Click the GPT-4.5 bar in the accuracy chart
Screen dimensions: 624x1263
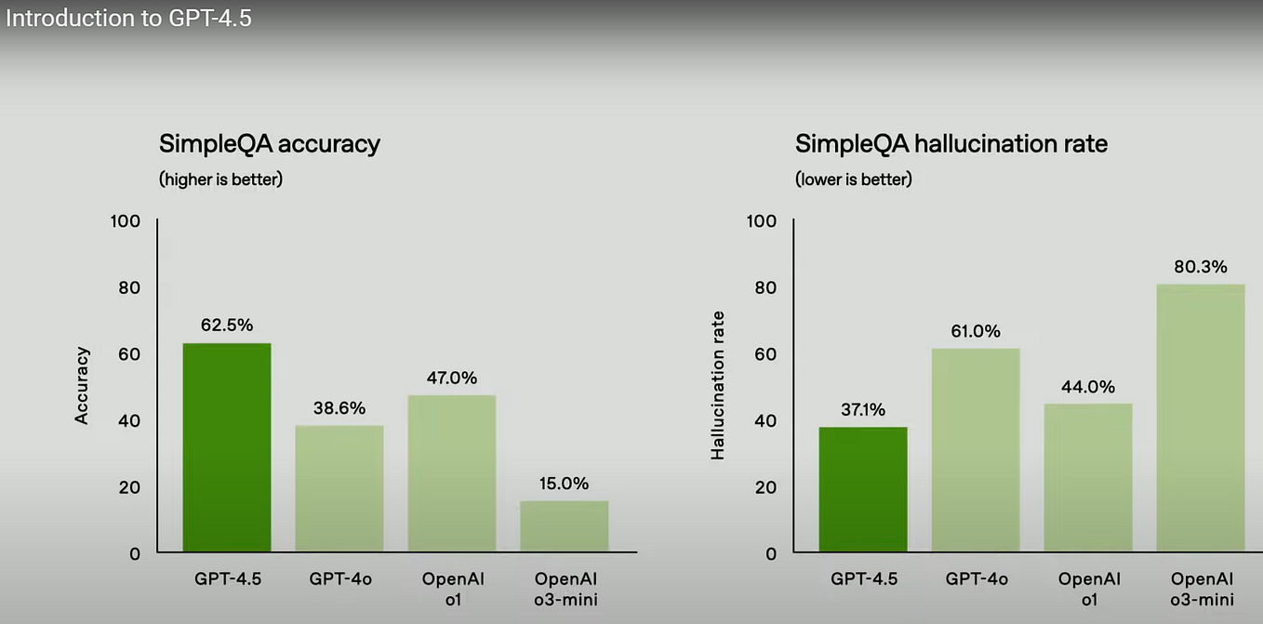pyautogui.click(x=227, y=447)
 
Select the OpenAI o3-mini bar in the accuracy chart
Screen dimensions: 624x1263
pyautogui.click(x=565, y=526)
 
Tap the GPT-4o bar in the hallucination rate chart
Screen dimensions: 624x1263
pyautogui.click(x=976, y=450)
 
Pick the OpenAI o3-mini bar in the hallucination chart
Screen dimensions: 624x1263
pyautogui.click(x=1201, y=418)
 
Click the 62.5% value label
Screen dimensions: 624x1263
pyautogui.click(x=227, y=325)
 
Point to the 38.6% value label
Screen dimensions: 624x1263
pyautogui.click(x=339, y=408)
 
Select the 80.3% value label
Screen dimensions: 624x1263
pyautogui.click(x=1201, y=266)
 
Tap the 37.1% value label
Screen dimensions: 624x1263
pyautogui.click(x=863, y=409)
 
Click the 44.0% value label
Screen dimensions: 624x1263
pyautogui.click(x=1088, y=387)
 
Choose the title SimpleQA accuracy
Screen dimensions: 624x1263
pyautogui.click(x=270, y=144)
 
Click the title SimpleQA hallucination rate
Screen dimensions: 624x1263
pyautogui.click(x=951, y=144)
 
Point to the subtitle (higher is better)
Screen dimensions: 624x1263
pyautogui.click(x=220, y=179)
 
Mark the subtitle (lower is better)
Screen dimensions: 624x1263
pyautogui.click(x=854, y=179)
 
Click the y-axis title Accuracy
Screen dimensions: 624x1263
pyautogui.click(x=83, y=385)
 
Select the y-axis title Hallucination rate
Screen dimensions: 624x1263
pyautogui.click(x=718, y=385)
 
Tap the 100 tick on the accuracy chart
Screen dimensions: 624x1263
pyautogui.click(x=124, y=221)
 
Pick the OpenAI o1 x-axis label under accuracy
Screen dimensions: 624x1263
pyautogui.click(x=453, y=589)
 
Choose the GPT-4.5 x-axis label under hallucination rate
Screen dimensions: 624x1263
pyautogui.click(x=863, y=579)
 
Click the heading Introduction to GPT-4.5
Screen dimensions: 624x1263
pyautogui.click(x=127, y=18)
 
